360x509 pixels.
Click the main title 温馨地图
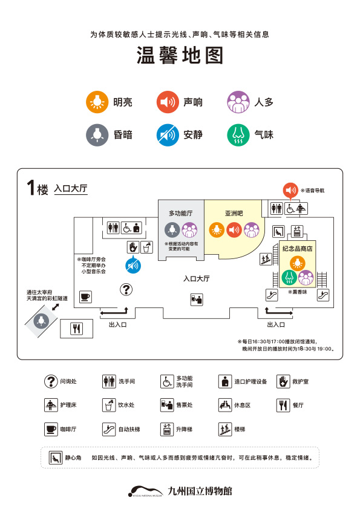click(180, 56)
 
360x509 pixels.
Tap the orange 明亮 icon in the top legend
click(95, 102)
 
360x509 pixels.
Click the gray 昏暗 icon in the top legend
click(95, 134)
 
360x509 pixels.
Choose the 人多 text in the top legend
click(264, 102)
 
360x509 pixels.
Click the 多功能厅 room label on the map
click(181, 213)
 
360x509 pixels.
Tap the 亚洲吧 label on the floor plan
click(234, 213)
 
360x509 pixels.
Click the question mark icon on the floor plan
click(126, 289)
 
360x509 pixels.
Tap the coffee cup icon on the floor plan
click(85, 296)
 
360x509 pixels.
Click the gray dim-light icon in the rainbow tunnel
click(42, 319)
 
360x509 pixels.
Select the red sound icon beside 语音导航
click(291, 190)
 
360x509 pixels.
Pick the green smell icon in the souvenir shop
click(289, 277)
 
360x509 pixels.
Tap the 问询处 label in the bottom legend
click(68, 382)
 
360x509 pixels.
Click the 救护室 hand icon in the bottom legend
click(284, 381)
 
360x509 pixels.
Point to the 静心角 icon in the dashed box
click(56, 458)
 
